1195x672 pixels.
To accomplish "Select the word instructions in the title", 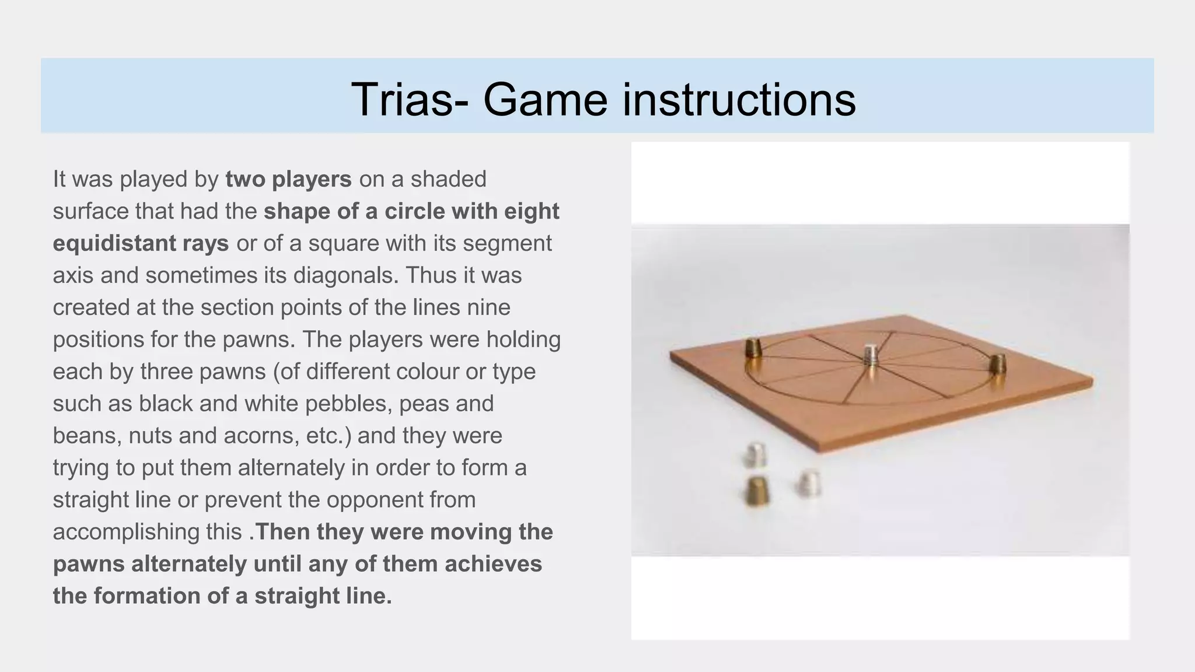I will [x=739, y=99].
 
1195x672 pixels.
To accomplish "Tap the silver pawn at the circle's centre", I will [x=871, y=355].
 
